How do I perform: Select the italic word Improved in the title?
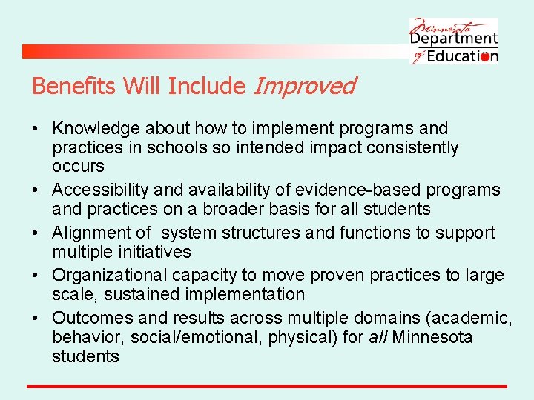[304, 87]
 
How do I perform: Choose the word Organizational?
[110, 276]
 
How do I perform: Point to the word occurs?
[78, 167]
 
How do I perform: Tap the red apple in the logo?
[485, 57]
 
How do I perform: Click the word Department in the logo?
[454, 39]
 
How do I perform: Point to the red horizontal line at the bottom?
[267, 386]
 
